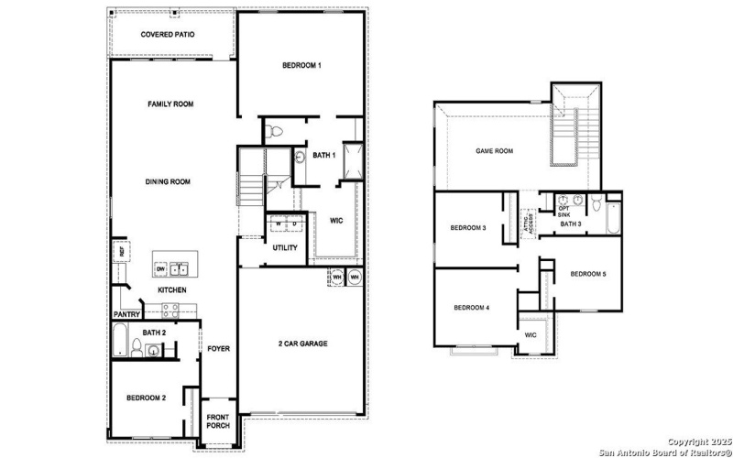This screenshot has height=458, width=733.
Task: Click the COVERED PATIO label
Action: [x=167, y=35]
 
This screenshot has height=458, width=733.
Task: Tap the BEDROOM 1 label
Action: [x=301, y=66]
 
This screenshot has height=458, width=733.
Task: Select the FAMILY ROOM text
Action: [x=171, y=104]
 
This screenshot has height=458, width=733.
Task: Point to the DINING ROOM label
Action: [x=168, y=181]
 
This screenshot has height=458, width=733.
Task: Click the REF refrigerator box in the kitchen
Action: [x=119, y=250]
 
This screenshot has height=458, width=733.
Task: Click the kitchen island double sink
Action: [x=179, y=268]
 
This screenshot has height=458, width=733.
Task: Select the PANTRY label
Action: [x=127, y=314]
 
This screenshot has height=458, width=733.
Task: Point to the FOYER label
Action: [x=218, y=348]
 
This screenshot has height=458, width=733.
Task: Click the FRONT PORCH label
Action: [x=217, y=421]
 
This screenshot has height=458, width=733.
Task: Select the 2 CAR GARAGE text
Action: [x=302, y=343]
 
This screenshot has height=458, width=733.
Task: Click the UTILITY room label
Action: [x=284, y=247]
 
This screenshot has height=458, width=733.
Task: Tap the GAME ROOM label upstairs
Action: [x=494, y=151]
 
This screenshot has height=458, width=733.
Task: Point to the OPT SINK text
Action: [x=563, y=211]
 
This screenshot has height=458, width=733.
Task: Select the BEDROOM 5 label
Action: [x=587, y=274]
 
